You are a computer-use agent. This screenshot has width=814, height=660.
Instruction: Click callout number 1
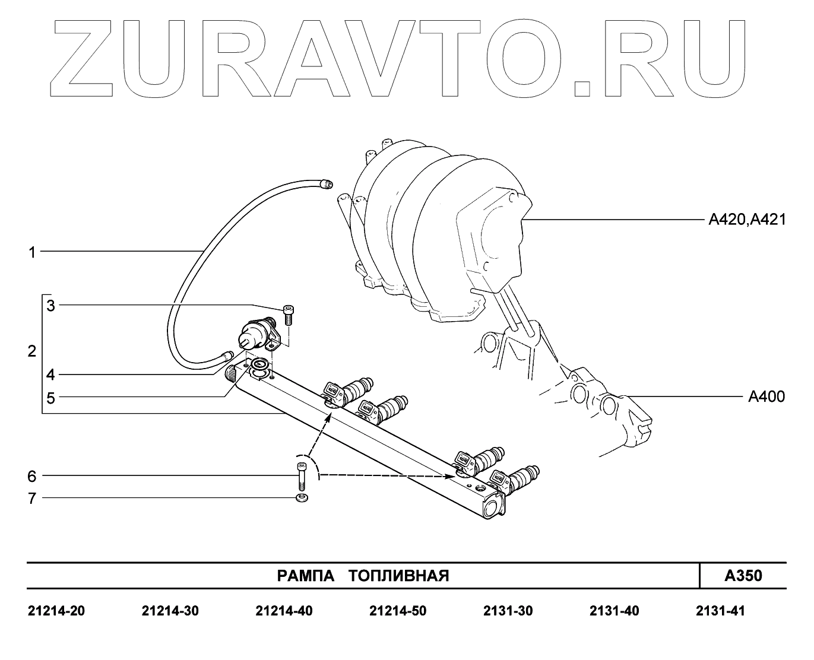click(33, 253)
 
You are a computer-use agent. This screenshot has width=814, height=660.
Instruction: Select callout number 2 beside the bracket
click(32, 351)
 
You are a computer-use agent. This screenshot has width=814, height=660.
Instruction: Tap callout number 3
click(51, 306)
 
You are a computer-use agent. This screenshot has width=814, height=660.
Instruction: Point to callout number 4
click(51, 375)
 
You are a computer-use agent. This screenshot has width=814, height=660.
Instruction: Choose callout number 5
click(51, 398)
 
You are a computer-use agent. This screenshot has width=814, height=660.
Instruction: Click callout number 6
click(32, 476)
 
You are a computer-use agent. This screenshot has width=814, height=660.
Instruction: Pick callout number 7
click(32, 498)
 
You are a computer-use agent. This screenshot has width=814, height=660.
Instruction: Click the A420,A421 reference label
click(747, 220)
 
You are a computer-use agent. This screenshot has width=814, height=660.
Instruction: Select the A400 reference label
click(766, 396)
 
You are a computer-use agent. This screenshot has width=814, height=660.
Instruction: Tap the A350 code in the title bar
click(743, 576)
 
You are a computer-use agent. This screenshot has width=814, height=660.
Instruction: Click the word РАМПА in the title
click(304, 576)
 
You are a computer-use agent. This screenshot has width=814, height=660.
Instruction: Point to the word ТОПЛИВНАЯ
click(398, 576)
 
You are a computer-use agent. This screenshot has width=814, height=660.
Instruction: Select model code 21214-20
click(56, 611)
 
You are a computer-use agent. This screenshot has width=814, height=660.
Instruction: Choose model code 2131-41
click(720, 611)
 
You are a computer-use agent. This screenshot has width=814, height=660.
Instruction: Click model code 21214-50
click(397, 611)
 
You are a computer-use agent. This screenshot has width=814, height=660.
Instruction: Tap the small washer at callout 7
click(301, 497)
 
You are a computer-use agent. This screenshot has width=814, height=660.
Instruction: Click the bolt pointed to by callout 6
click(301, 475)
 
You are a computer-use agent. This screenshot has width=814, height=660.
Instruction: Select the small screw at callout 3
click(289, 314)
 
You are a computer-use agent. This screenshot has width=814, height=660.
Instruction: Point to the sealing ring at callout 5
click(259, 363)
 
